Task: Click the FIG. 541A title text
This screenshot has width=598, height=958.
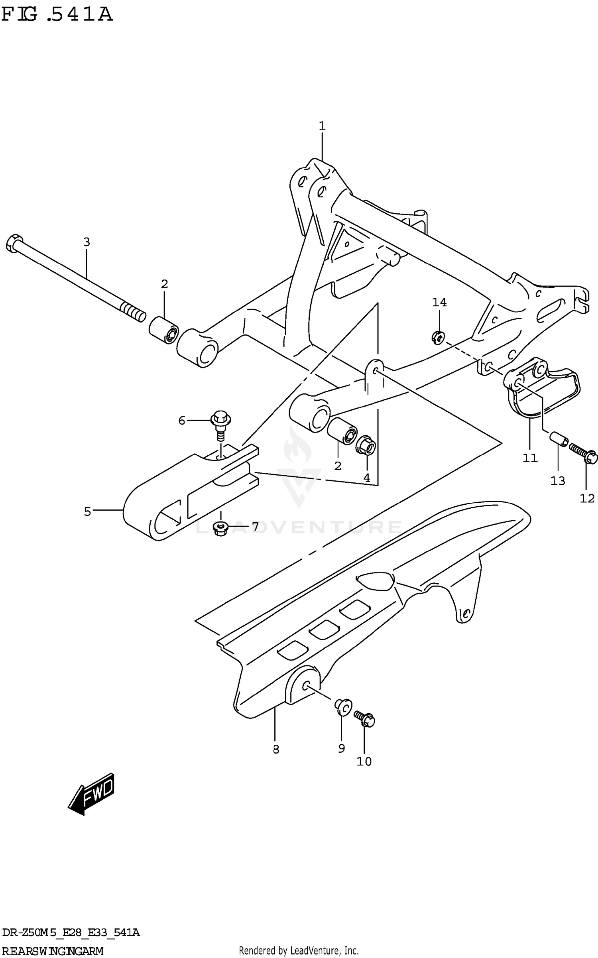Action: (x=57, y=15)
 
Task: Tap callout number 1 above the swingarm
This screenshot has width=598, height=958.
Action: (x=322, y=126)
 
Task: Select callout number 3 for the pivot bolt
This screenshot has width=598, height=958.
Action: (x=87, y=242)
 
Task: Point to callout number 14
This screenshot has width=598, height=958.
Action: (x=439, y=303)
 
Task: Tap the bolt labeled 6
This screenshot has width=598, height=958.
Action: (x=220, y=424)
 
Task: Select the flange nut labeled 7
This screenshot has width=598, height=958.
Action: (x=220, y=529)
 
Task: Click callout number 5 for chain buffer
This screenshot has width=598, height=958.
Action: (x=87, y=511)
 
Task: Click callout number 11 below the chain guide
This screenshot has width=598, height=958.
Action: (x=530, y=458)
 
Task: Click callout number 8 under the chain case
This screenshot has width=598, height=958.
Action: (x=276, y=749)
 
